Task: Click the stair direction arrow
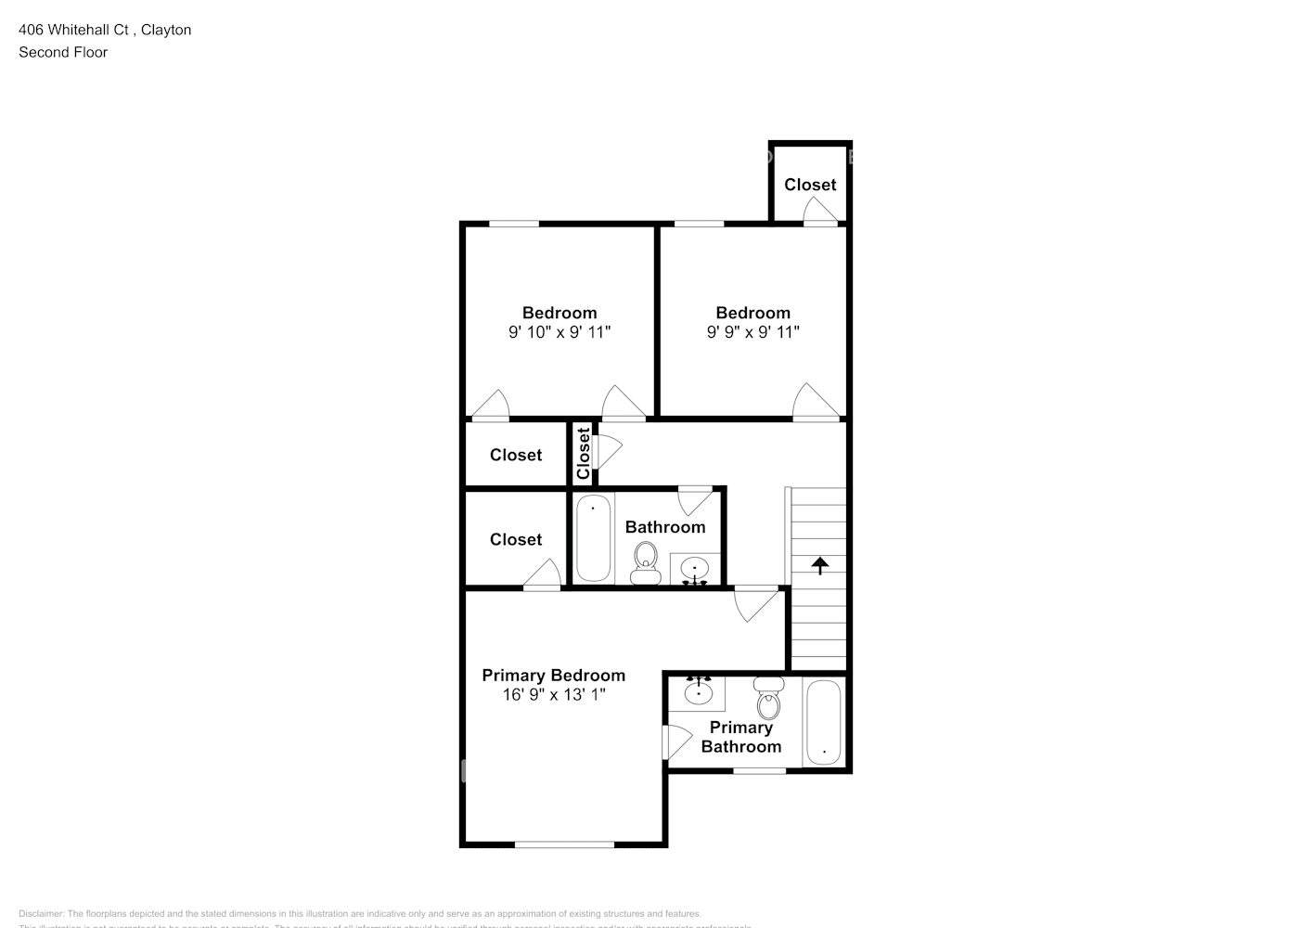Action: click(x=820, y=565)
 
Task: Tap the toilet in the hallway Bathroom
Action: click(x=645, y=562)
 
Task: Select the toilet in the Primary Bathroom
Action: click(x=768, y=700)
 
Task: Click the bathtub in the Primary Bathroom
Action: click(x=823, y=723)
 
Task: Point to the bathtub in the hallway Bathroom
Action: click(x=593, y=538)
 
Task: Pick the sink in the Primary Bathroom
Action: click(x=698, y=692)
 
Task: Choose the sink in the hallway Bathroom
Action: click(x=694, y=568)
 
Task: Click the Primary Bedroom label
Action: click(x=553, y=676)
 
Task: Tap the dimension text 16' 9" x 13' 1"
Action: click(x=554, y=694)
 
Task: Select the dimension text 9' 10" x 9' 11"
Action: click(x=559, y=332)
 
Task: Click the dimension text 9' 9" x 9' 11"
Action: click(x=752, y=332)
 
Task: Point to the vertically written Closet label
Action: click(x=583, y=453)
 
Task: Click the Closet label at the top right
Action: click(x=810, y=185)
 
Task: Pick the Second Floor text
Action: click(x=63, y=52)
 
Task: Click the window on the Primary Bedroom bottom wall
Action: click(x=564, y=844)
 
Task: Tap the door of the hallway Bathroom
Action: click(x=696, y=499)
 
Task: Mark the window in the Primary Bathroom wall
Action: click(x=759, y=770)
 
